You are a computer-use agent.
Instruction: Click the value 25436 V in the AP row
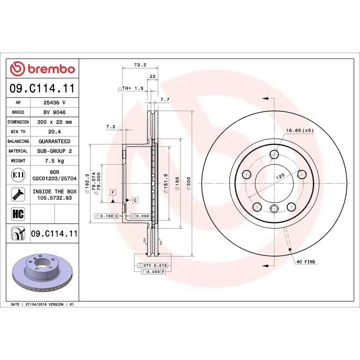coord(54,103)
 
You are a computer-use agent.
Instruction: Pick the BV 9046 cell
coord(54,112)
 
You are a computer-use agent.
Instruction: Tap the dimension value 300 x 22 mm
coord(54,122)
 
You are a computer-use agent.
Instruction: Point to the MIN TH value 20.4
coord(54,131)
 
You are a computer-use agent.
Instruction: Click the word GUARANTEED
coord(54,141)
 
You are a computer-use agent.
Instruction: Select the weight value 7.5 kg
coord(54,161)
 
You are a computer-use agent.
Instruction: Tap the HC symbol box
coord(18,213)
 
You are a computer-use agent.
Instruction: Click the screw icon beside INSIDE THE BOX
coord(18,194)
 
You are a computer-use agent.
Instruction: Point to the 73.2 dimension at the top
coord(140,65)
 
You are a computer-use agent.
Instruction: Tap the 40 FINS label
coord(306,261)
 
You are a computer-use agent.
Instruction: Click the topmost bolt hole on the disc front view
coord(274,155)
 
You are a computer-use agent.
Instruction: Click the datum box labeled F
coord(113,192)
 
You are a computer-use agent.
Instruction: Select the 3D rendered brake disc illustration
coord(42,273)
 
